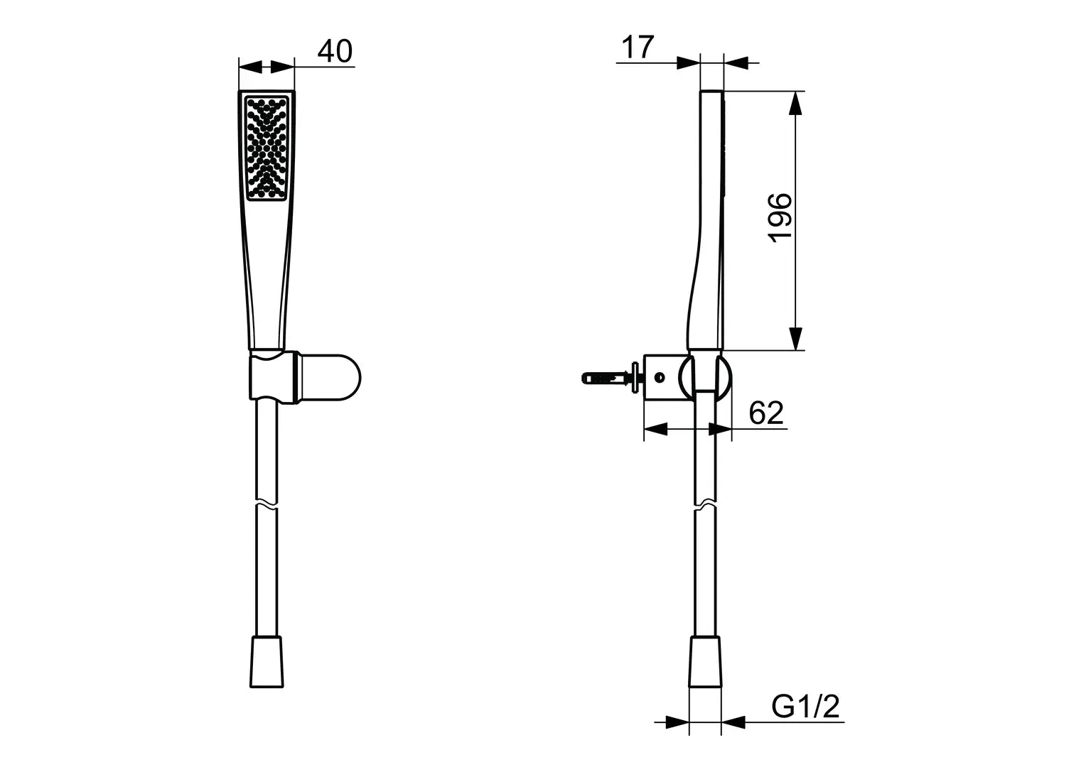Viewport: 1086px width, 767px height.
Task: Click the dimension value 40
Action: (335, 52)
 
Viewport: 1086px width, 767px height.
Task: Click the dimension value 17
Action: (638, 48)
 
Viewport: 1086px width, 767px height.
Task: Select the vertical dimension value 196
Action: (780, 217)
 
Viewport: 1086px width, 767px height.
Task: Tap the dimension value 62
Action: (766, 413)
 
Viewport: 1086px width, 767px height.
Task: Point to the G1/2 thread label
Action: (805, 707)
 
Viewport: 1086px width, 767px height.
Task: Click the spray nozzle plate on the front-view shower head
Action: (267, 148)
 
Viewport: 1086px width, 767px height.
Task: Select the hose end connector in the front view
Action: (267, 662)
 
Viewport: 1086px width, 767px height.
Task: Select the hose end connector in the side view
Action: (705, 662)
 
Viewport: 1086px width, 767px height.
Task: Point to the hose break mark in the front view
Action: (266, 507)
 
